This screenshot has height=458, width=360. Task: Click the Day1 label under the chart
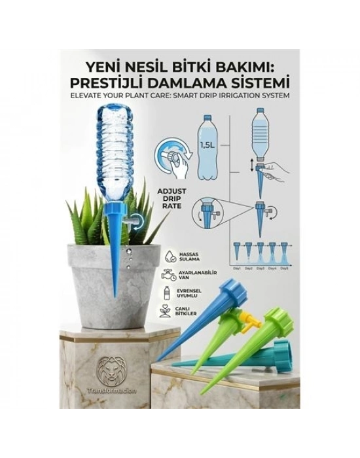point(238,268)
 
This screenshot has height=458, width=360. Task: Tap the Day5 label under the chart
point(285,268)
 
